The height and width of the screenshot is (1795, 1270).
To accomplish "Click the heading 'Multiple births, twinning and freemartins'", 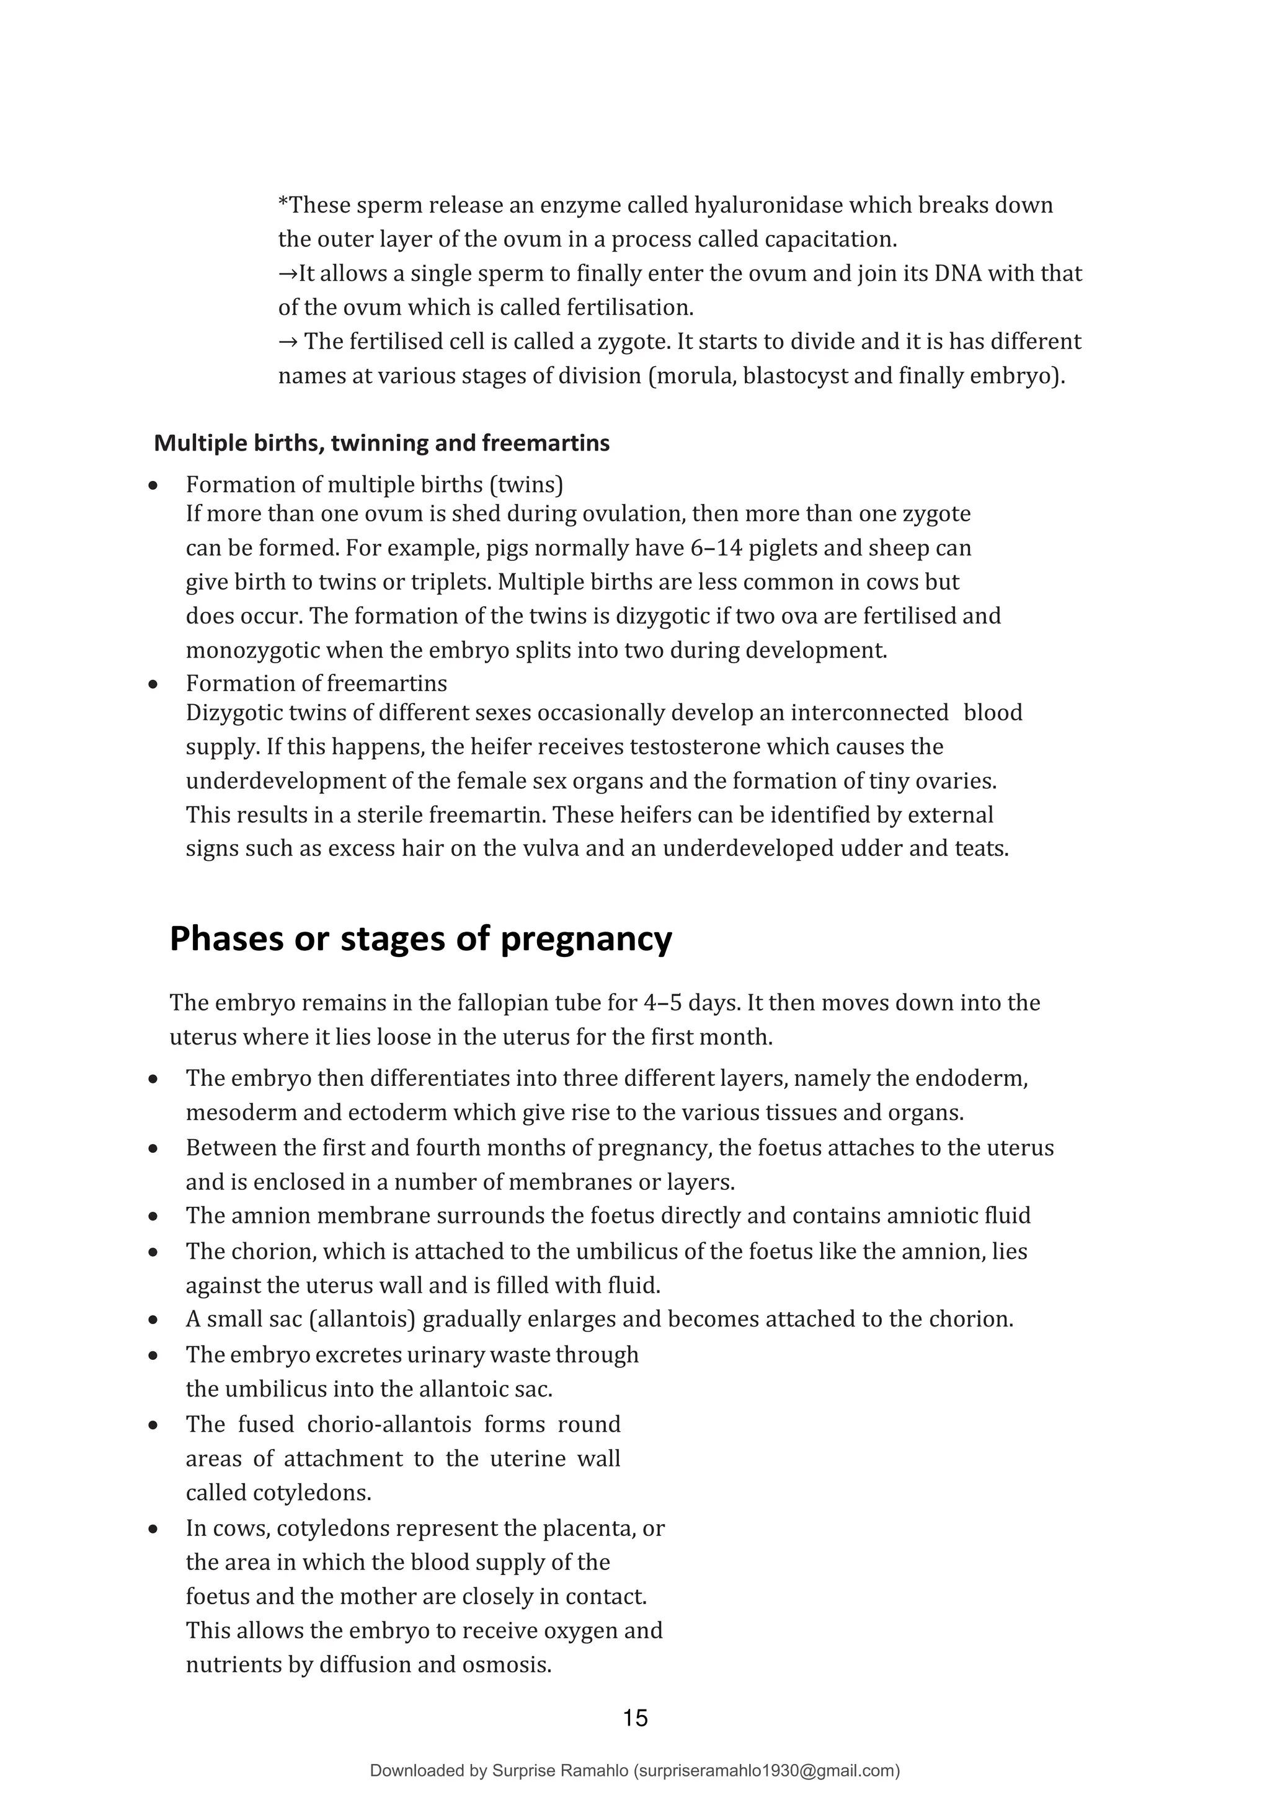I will [x=381, y=443].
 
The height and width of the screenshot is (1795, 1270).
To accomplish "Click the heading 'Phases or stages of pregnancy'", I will [x=420, y=939].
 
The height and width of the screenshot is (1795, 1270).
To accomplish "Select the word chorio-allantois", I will [x=389, y=1424].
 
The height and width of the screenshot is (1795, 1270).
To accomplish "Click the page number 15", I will [x=635, y=1718].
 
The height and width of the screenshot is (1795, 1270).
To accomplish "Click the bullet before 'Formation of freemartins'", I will [x=154, y=685].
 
